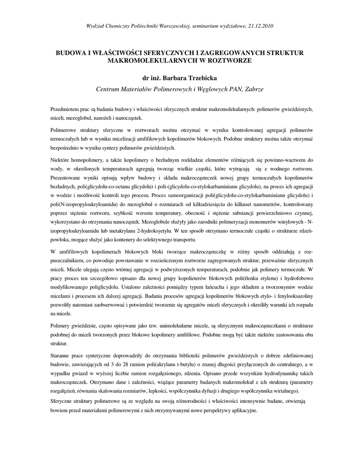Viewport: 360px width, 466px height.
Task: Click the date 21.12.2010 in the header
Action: (260, 25)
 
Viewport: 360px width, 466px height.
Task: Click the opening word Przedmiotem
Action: (65, 110)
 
